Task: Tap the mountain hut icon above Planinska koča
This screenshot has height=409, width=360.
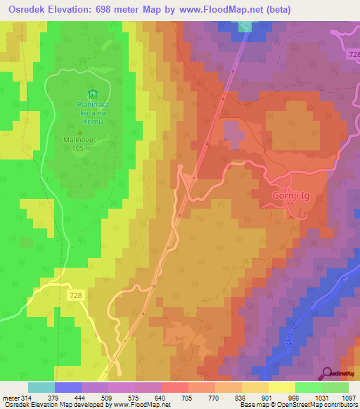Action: tap(91, 95)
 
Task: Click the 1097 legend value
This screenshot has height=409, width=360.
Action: tap(347, 398)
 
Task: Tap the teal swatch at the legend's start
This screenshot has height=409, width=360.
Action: tap(41, 387)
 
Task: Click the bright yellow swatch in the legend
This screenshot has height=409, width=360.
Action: tap(281, 387)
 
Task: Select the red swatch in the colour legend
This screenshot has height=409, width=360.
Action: tap(174, 387)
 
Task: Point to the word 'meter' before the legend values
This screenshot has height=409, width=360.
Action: tap(10, 398)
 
